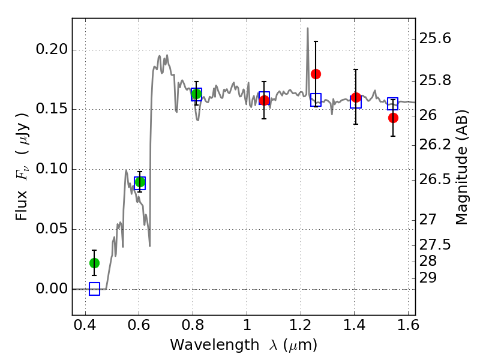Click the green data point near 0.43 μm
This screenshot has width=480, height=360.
[94, 263]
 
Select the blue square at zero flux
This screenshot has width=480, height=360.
[94, 289]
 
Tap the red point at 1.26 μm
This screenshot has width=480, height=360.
[316, 74]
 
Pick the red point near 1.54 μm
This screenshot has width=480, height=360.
[393, 118]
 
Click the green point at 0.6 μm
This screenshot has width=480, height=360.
[140, 182]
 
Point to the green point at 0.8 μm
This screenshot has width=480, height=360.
[196, 94]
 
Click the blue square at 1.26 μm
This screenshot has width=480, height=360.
[316, 100]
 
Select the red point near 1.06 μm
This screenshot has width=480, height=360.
[264, 100]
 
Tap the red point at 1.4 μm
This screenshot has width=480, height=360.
[356, 98]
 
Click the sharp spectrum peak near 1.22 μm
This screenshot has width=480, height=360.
[308, 28]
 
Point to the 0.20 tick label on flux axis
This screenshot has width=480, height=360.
[52, 49]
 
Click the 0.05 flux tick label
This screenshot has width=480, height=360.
[52, 229]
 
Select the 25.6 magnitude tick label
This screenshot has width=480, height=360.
[435, 39]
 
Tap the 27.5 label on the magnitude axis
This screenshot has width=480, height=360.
[435, 245]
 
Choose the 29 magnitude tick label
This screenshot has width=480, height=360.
[428, 278]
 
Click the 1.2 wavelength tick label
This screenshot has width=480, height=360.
[301, 325]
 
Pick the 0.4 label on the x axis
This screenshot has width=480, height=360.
[85, 325]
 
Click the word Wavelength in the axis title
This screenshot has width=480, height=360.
[215, 345]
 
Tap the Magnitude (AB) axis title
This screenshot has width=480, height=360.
[461, 167]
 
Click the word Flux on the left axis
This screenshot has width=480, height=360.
[22, 205]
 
